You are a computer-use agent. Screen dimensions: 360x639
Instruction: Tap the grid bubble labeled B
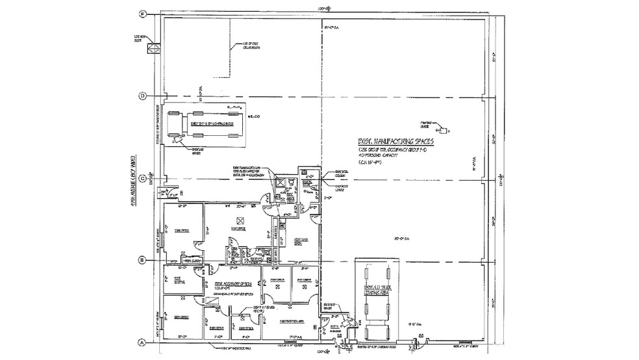click(x=142, y=261)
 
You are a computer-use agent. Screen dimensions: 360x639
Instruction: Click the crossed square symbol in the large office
click(x=239, y=220)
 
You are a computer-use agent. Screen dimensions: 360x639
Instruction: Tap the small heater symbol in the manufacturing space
click(x=444, y=128)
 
